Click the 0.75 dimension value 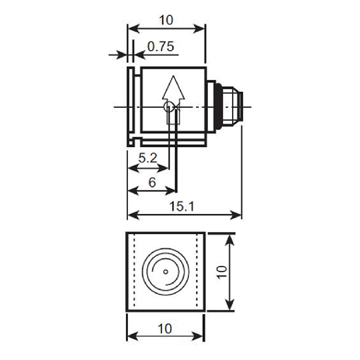click(x=160, y=47)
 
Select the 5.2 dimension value click(x=147, y=158)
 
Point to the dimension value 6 click(x=151, y=182)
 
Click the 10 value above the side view click(x=166, y=20)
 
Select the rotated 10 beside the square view click(x=222, y=271)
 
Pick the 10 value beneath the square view click(x=165, y=329)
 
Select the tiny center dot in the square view click(x=166, y=271)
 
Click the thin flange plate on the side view click(x=130, y=106)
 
